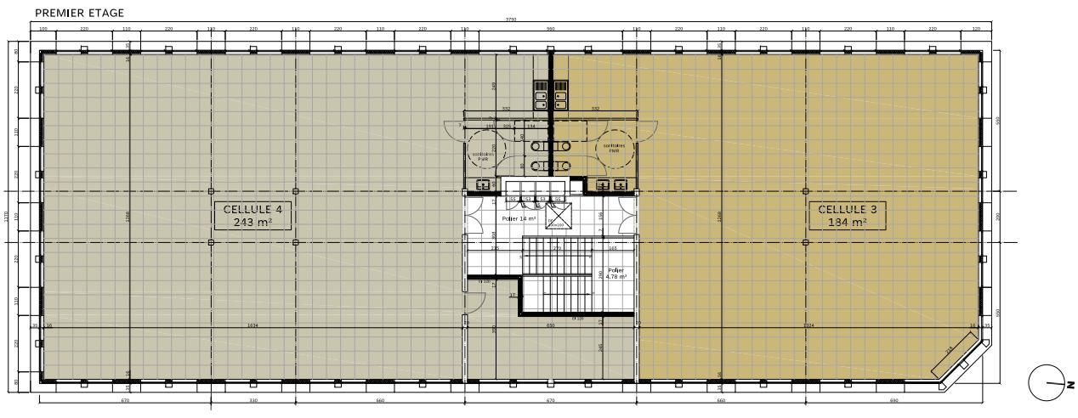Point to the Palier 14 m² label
[x=519, y=219]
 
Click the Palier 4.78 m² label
[x=616, y=274]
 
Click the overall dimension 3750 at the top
[x=511, y=19]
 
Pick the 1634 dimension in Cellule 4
[x=252, y=325]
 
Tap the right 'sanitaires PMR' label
[x=615, y=148]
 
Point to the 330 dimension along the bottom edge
[x=252, y=400]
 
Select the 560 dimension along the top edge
[x=551, y=29]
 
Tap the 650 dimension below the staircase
[x=550, y=325]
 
